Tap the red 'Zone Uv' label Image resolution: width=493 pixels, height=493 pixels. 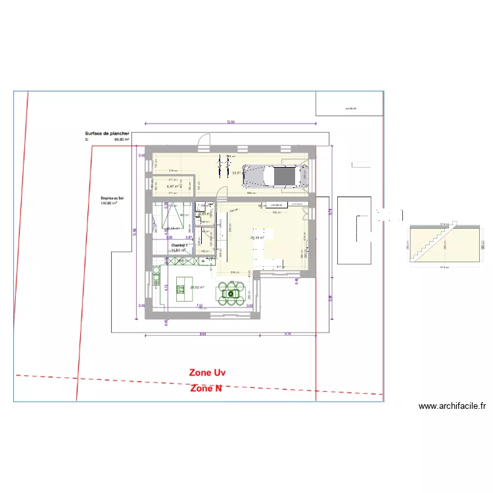click(207, 372)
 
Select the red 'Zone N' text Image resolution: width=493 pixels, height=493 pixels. click(206, 388)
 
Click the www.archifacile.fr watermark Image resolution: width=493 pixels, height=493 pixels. click(452, 406)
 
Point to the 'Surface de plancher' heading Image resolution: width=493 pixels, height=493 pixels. click(106, 133)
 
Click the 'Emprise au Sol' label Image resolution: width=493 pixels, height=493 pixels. click(112, 198)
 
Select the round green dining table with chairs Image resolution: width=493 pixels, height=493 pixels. click(232, 294)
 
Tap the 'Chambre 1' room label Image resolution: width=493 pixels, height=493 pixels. click(179, 245)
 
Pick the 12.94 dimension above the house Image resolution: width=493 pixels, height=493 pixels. click(230, 122)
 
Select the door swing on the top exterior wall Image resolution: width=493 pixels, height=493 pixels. click(206, 140)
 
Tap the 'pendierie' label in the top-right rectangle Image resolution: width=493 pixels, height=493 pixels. click(350, 108)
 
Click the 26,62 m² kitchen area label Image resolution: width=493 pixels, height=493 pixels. click(197, 287)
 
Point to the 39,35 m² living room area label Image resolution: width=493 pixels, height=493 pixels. click(257, 238)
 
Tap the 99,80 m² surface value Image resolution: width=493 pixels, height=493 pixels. click(121, 139)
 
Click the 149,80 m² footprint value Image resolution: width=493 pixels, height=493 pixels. click(108, 203)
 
